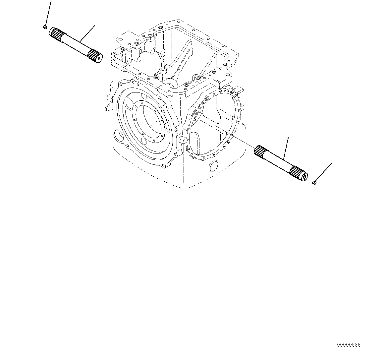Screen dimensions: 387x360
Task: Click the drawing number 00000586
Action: [349, 345]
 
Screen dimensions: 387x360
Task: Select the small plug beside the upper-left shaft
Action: [45, 27]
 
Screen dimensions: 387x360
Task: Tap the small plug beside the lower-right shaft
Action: [314, 182]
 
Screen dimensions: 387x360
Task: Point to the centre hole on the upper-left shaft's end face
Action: [99, 59]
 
